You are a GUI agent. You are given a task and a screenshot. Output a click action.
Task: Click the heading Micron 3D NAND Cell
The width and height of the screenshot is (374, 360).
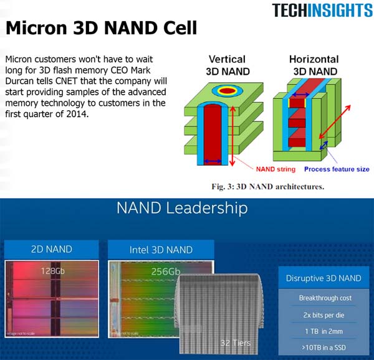pyautogui.click(x=101, y=28)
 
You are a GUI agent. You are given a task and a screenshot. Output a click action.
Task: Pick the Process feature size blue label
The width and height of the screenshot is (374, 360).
pyautogui.click(x=336, y=169)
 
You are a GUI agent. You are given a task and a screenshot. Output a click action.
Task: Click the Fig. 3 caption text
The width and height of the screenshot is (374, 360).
pyautogui.click(x=272, y=186)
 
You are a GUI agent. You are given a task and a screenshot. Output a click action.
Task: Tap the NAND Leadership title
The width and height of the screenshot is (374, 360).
pyautogui.click(x=182, y=209)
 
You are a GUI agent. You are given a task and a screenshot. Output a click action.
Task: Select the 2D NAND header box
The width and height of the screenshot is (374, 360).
pyautogui.click(x=51, y=249)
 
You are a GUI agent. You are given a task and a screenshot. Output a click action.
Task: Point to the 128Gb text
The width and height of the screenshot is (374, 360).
pyautogui.click(x=51, y=271)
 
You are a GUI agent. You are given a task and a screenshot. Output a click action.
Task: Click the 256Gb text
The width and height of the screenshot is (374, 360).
pyautogui.click(x=166, y=271)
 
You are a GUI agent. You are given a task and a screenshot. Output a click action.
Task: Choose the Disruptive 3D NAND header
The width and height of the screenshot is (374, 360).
pyautogui.click(x=324, y=278)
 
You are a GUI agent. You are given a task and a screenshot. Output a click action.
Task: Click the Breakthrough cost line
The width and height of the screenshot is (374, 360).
pyautogui.click(x=324, y=298)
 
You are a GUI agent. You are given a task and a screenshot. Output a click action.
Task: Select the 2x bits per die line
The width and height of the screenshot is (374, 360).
pyautogui.click(x=324, y=314)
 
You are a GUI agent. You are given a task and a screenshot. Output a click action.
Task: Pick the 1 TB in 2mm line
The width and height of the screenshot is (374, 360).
pyautogui.click(x=324, y=330)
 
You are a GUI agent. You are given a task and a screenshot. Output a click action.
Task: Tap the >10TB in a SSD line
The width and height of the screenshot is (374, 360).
pyautogui.click(x=324, y=346)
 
